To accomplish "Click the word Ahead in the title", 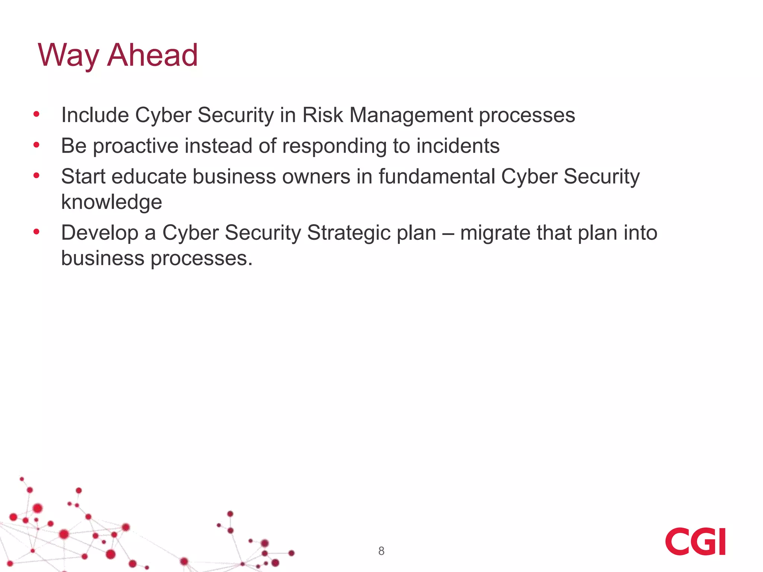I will (x=152, y=55).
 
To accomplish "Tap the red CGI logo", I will (x=695, y=541).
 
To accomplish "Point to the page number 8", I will (x=381, y=551).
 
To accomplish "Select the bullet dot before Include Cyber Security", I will (x=36, y=114).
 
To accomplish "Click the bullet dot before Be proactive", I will (x=36, y=145).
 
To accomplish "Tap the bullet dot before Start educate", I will (x=36, y=175).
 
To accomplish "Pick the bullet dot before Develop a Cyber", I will (x=36, y=232).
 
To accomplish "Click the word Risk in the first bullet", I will (x=322, y=115).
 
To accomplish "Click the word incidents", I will (x=458, y=146).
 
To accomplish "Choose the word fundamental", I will (x=437, y=176).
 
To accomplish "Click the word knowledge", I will (x=111, y=202).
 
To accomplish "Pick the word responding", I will (x=334, y=146).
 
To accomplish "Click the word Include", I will (x=95, y=115).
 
